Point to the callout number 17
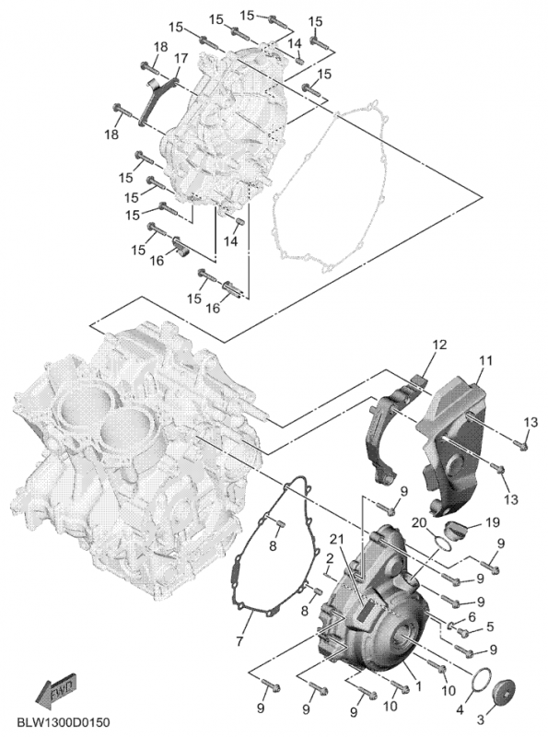(x=181, y=58)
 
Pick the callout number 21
(x=336, y=539)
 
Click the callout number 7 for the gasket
(x=239, y=640)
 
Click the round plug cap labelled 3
(x=505, y=692)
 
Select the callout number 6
(x=471, y=617)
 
